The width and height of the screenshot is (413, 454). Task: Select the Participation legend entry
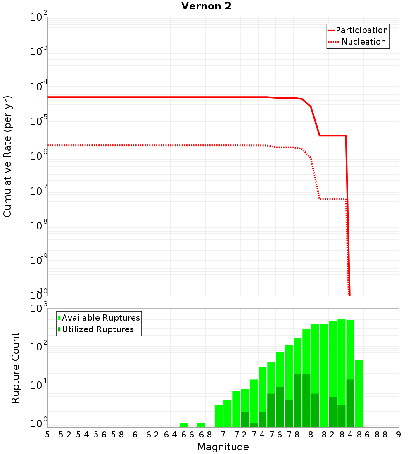[x=361, y=31]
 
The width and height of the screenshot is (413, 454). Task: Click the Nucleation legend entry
[x=363, y=42]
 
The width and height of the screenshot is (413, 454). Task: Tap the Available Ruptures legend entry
[x=101, y=318]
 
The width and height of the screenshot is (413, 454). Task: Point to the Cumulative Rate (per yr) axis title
[x=7, y=156]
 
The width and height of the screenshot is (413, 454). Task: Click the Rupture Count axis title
[x=16, y=368]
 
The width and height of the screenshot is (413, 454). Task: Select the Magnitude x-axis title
[x=223, y=447]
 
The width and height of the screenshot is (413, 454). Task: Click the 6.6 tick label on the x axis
[x=188, y=435]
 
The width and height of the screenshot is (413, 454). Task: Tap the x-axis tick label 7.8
[x=293, y=435]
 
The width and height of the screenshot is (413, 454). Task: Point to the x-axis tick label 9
[x=399, y=435]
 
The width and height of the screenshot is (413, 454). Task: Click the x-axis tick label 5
[x=47, y=435]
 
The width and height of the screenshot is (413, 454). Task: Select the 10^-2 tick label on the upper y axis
[x=39, y=17]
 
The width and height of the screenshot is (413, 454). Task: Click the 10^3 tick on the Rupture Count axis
[x=39, y=309]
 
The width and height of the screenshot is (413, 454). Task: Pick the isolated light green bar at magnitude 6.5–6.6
[x=183, y=425]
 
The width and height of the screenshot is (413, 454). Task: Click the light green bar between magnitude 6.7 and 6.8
[x=201, y=425]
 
